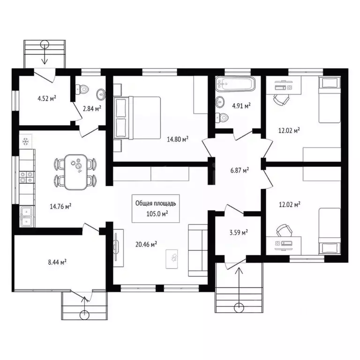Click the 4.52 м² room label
coord(47,98)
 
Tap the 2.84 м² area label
coord(92,108)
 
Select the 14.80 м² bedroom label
coord(178,139)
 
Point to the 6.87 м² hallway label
coord(240,170)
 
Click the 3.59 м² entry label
coord(239,232)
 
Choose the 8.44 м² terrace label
coord(57,262)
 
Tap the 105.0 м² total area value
coord(157,214)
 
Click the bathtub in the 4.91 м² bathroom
coord(235,83)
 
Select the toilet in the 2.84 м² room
coord(82,89)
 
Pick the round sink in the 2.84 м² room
coord(101,94)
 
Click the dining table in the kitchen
coord(75,172)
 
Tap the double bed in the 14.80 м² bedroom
coord(137,118)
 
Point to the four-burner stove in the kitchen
coord(27,177)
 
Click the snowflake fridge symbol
coord(25,142)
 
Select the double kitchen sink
coord(27,216)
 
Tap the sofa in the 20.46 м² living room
coord(198,250)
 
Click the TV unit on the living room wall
coord(118,247)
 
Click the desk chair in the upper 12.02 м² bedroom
coord(281,100)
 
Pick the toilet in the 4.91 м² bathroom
coord(222,118)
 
